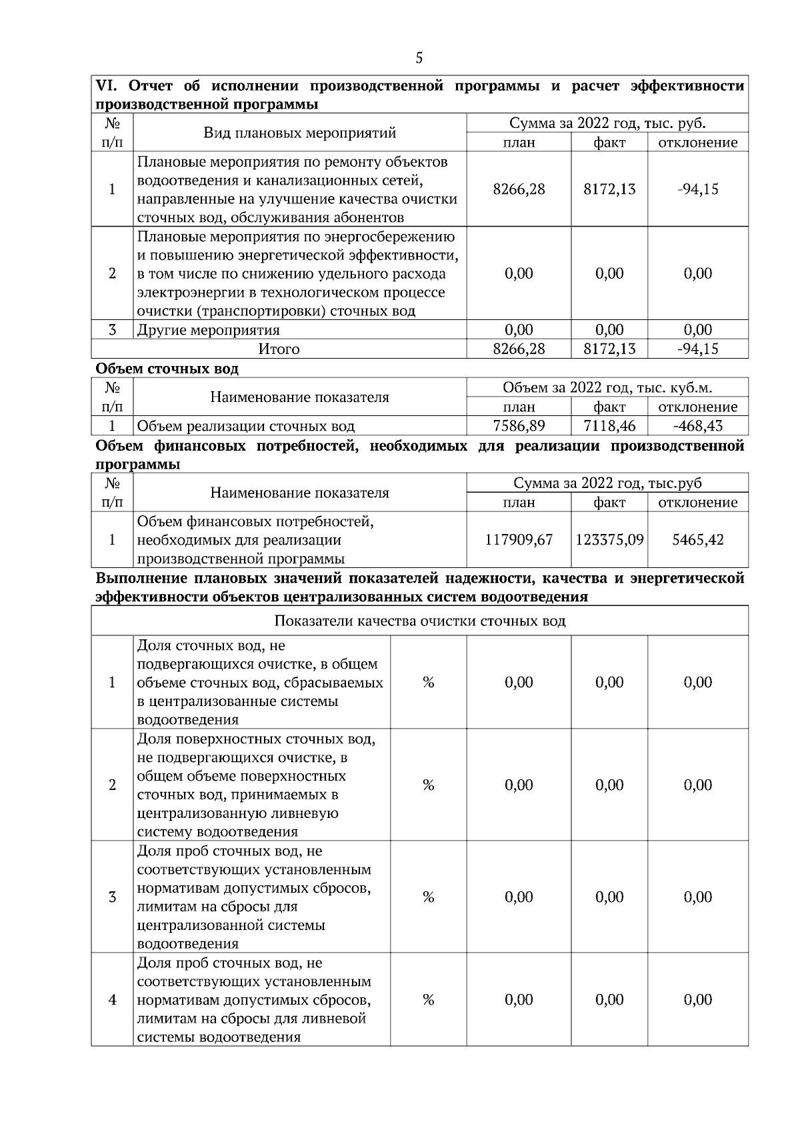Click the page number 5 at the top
(419, 58)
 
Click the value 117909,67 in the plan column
(519, 540)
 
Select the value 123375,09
(609, 540)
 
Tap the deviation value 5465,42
(697, 540)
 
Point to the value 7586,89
(519, 426)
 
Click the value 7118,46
(609, 426)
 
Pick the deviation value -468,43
(697, 426)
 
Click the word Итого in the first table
(279, 349)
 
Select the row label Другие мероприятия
(208, 330)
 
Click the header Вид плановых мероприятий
(299, 133)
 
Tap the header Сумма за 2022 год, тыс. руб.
(607, 123)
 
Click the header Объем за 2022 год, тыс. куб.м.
(607, 388)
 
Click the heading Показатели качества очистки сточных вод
(419, 621)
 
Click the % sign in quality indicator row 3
(428, 897)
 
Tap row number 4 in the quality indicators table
(112, 1000)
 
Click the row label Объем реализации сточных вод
(245, 426)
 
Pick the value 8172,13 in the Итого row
(609, 349)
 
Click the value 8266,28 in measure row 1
(519, 189)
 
